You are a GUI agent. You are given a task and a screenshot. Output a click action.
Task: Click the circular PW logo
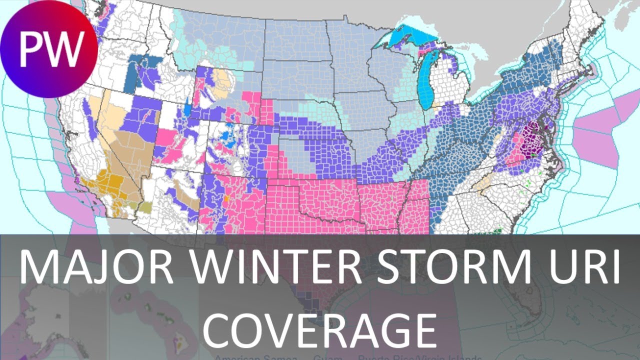(x=49, y=49)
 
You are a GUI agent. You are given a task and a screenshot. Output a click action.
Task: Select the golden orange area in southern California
(x=102, y=187)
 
